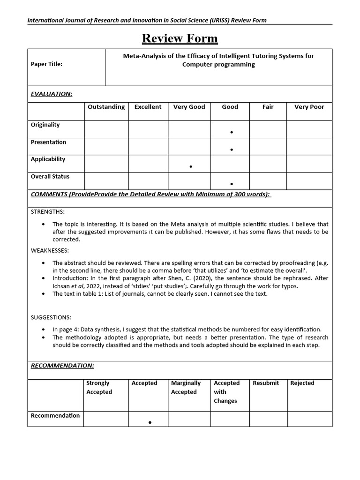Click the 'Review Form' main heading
tap(180, 38)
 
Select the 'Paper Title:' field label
tap(46, 64)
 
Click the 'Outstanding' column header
tap(106, 107)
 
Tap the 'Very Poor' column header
tap(309, 107)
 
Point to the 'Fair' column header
tap(268, 107)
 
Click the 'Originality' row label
tap(45, 125)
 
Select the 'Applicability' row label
tap(48, 159)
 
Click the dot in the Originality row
tap(232, 133)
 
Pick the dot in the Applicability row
tap(191, 167)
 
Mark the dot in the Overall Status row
tap(232, 184)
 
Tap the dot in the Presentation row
tap(232, 150)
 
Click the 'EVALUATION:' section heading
tap(52, 94)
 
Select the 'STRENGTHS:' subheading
tap(48, 212)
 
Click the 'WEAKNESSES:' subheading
tap(50, 250)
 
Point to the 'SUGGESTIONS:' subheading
tap(51, 317)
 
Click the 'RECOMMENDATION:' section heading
tap(62, 366)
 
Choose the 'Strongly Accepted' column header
tap(99, 387)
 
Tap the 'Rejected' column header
tap(302, 383)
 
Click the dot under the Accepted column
tap(150, 422)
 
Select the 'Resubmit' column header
tap(266, 383)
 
